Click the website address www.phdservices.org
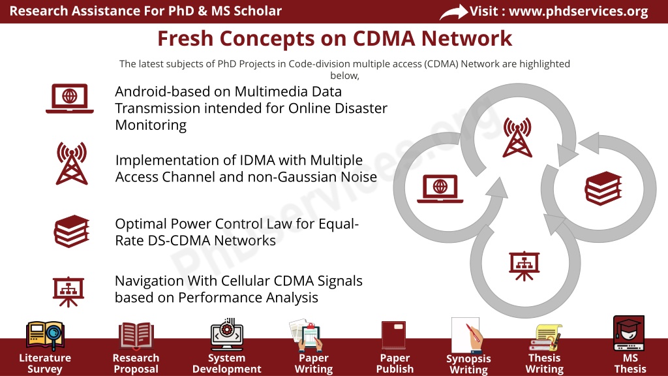(x=579, y=12)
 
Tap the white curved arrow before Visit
(x=454, y=12)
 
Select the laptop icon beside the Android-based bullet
(x=70, y=99)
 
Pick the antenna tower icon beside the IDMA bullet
(x=72, y=163)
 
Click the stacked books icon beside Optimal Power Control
(x=72, y=231)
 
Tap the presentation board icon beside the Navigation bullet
(x=68, y=292)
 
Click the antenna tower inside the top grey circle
(x=517, y=137)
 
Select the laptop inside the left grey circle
(x=440, y=189)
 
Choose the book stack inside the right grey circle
(x=603, y=188)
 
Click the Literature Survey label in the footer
(x=45, y=363)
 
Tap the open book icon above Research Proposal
(x=136, y=336)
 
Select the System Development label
(x=226, y=363)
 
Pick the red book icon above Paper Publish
(x=393, y=335)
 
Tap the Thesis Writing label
(x=545, y=363)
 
